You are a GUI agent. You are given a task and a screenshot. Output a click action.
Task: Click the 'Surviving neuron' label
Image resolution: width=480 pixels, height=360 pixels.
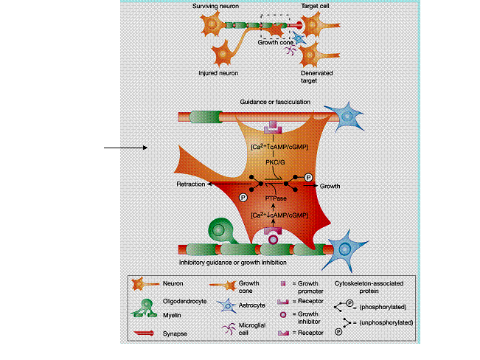(215, 6)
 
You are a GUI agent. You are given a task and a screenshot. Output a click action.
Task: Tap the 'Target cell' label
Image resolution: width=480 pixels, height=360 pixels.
(315, 6)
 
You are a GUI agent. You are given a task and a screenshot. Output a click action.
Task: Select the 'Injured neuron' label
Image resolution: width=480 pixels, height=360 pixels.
(218, 73)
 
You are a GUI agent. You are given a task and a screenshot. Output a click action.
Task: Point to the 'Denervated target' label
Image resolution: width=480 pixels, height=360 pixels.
(316, 77)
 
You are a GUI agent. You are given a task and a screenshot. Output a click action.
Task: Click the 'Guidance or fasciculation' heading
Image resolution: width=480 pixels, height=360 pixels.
(275, 102)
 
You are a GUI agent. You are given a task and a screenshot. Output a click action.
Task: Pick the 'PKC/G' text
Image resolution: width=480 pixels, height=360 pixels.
(275, 162)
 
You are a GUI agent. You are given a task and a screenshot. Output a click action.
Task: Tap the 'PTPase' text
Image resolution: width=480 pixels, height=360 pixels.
(276, 198)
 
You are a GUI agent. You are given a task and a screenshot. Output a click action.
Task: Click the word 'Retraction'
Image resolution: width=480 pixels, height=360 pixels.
(191, 184)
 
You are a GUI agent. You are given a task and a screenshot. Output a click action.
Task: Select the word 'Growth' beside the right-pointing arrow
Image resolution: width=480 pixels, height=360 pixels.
(330, 187)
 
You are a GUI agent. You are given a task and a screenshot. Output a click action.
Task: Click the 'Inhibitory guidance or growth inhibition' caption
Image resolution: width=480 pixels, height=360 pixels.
(233, 263)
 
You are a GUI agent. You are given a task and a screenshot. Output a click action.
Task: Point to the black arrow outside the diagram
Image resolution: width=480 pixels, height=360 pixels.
(125, 148)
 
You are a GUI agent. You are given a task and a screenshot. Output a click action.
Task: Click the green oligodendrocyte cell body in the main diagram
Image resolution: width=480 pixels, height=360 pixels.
(219, 229)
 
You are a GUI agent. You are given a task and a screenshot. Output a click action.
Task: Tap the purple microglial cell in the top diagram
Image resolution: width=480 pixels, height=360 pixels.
(291, 49)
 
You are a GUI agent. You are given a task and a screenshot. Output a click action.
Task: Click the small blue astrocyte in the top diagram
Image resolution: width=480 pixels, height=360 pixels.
(299, 38)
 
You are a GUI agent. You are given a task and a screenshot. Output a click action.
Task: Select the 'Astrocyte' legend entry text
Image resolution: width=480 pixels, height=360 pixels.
(251, 305)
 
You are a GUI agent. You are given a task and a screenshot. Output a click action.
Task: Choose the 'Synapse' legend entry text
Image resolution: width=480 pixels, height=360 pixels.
(175, 333)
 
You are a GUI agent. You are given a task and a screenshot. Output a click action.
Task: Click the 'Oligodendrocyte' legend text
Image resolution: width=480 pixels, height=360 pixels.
(184, 302)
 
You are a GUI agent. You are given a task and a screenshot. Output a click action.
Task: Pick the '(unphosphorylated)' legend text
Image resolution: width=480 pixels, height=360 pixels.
(386, 322)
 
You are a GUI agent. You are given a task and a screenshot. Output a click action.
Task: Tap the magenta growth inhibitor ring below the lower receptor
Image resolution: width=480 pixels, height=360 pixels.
(273, 240)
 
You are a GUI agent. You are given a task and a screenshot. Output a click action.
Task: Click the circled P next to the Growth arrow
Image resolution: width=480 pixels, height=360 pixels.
(308, 177)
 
